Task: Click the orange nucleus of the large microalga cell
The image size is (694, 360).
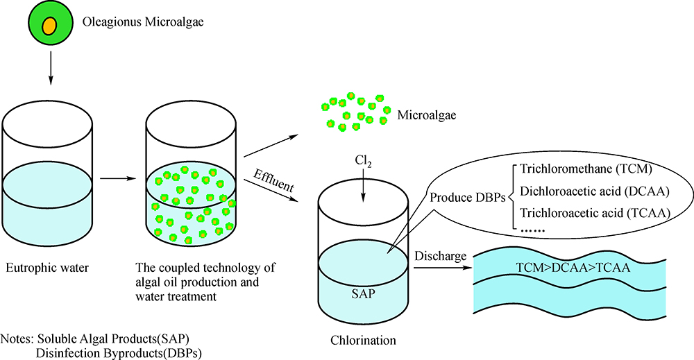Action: point(49,26)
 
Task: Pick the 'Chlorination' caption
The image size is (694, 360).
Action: point(363,341)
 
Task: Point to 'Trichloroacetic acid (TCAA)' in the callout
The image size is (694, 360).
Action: point(593,213)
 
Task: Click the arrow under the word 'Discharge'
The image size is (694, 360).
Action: point(441,266)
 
